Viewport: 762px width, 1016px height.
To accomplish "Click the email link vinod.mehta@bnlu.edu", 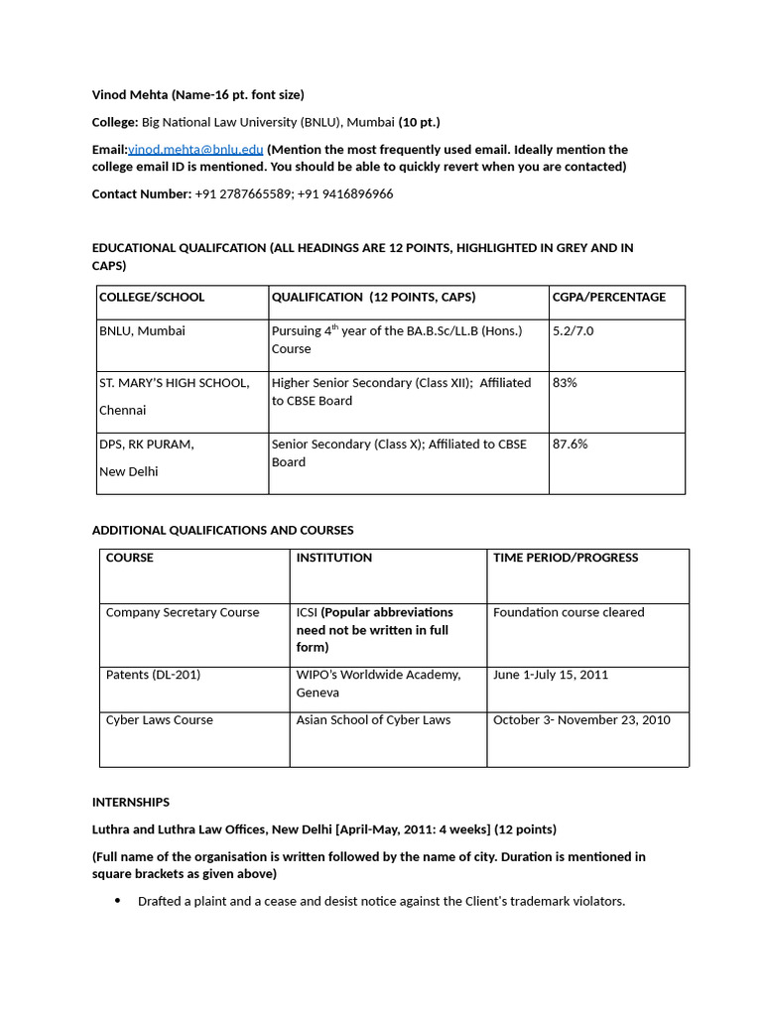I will click(x=195, y=149).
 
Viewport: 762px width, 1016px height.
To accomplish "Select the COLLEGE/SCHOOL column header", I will click(x=152, y=297).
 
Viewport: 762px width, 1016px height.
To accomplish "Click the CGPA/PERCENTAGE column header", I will click(x=608, y=297).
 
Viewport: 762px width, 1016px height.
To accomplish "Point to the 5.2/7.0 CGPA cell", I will click(x=572, y=330).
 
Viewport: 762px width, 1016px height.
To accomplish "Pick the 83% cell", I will click(x=565, y=382).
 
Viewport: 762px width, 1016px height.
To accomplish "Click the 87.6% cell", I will click(x=570, y=444).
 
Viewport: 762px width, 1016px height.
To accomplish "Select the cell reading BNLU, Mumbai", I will click(x=142, y=330).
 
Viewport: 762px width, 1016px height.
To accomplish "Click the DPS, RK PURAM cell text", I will click(x=146, y=444).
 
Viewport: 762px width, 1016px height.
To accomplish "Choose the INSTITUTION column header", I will click(x=333, y=558).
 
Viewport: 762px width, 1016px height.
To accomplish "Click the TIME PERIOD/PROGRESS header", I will click(x=566, y=558).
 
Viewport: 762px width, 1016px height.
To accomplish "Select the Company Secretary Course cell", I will click(x=183, y=612).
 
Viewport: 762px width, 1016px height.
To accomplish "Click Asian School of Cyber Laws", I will click(x=373, y=720).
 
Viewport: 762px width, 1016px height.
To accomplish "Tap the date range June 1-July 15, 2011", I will click(x=551, y=675).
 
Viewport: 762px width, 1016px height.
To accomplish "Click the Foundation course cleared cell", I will click(x=569, y=612).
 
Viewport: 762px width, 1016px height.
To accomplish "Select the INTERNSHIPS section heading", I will click(x=131, y=802).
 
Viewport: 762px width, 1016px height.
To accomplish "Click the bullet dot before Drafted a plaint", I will click(x=117, y=901).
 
